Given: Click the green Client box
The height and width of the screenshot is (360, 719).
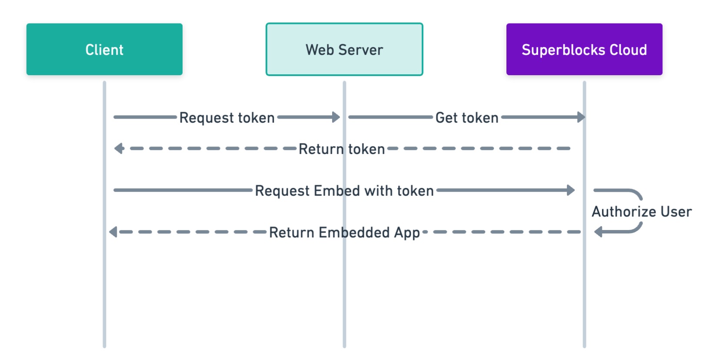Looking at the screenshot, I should coord(104,49).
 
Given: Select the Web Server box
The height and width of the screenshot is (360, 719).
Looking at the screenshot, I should coord(344,49).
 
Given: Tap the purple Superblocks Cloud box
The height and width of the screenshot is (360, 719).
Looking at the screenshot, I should coord(584,49).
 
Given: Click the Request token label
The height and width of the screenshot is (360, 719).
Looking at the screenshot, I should coord(227,117).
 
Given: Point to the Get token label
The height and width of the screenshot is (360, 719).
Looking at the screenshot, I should coord(467,117).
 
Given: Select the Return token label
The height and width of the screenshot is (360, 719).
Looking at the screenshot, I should coord(342,149).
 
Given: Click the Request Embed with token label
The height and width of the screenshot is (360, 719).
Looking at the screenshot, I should coord(344,190).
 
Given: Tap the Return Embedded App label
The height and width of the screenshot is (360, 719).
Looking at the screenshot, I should coord(344,232).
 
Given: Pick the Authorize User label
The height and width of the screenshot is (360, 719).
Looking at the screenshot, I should coord(642,211).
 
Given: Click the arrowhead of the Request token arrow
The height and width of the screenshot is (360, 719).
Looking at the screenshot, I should coord(336,117).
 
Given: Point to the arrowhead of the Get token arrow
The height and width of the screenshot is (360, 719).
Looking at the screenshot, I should coord(581,117).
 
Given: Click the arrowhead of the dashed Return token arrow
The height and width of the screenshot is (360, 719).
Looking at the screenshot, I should coord(119,149).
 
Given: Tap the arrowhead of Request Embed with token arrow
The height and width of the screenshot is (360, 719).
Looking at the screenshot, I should coord(571,190).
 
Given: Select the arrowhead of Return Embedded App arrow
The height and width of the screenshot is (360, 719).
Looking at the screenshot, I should coord(113,232).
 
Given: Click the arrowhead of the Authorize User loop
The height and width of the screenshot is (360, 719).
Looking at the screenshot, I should coord(598,232).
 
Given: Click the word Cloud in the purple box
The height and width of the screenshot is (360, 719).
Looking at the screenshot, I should coord(628,50).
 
